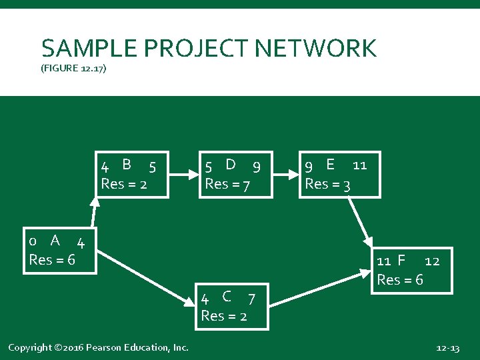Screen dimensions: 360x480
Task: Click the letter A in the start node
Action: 55,240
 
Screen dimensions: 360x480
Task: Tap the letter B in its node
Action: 127,164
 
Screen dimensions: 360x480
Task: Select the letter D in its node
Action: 231,164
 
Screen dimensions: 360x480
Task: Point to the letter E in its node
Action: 330,164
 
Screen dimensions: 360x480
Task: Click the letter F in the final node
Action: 401,260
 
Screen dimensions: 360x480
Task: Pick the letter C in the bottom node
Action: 227,296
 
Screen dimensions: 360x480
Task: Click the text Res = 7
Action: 227,184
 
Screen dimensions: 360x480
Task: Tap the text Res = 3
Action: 327,184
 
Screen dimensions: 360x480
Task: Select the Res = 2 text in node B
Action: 124,184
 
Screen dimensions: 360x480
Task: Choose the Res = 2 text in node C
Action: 224,316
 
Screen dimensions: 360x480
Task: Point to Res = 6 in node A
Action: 52,259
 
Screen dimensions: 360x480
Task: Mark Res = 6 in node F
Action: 400,280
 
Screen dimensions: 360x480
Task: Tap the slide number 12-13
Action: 447,348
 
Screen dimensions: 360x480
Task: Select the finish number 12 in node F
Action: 432,261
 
